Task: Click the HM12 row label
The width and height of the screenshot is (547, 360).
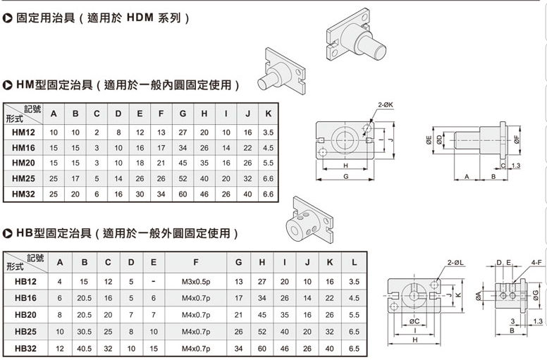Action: tap(23, 132)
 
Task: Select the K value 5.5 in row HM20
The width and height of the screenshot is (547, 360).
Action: tap(269, 163)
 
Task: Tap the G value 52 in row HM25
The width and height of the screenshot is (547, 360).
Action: tap(183, 178)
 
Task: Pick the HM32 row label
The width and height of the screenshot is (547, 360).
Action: tap(23, 194)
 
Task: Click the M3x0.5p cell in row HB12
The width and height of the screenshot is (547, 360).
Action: tap(196, 282)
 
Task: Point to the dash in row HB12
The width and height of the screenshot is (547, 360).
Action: tap(154, 282)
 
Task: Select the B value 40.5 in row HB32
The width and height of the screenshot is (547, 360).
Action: tap(85, 349)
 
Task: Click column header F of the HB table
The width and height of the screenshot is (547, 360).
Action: tap(196, 262)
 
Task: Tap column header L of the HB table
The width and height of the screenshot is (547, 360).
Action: tap(354, 262)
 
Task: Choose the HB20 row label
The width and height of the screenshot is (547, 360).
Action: tap(25, 315)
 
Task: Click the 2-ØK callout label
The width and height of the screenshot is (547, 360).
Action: tap(386, 105)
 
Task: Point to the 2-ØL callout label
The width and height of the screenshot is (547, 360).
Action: tap(455, 262)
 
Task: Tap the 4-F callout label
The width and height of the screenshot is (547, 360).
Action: tap(536, 262)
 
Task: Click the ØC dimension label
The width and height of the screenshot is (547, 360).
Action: tap(414, 321)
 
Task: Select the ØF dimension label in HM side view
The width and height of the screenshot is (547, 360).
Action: tap(516, 139)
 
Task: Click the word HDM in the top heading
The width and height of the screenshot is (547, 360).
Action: tap(140, 18)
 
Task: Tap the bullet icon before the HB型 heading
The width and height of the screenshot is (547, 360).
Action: tap(7, 233)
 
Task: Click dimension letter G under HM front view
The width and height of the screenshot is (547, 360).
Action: tap(345, 176)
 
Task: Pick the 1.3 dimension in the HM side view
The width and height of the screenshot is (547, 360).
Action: tap(515, 166)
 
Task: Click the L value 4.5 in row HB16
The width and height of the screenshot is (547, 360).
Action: tap(354, 298)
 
